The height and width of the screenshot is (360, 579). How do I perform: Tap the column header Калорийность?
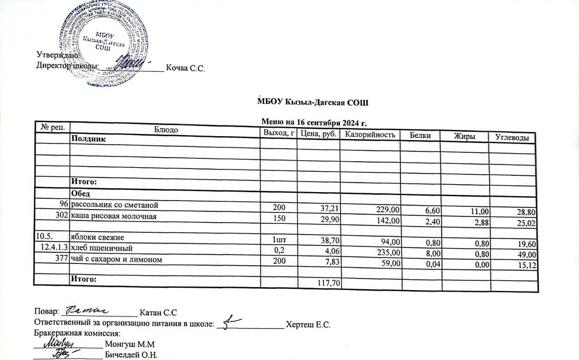click(369, 135)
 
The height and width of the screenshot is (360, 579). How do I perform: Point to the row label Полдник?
click(88, 139)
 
